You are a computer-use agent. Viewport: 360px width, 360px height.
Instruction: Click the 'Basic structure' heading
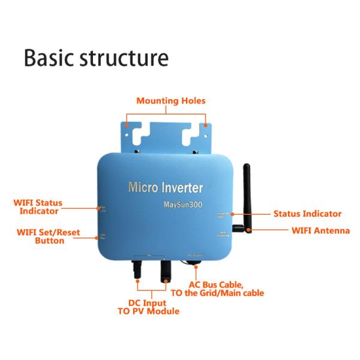click(x=96, y=58)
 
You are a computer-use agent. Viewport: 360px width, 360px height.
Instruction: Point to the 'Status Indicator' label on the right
click(x=307, y=214)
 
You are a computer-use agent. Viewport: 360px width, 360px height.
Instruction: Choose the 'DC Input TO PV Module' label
click(x=148, y=307)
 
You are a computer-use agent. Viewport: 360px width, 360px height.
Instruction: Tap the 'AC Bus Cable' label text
click(x=217, y=284)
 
